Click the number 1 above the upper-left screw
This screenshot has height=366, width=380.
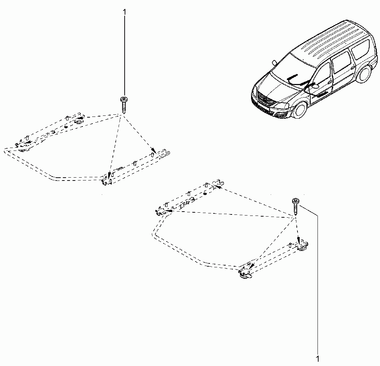pyautogui.click(x=125, y=12)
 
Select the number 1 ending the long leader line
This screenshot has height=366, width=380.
pyautogui.click(x=318, y=359)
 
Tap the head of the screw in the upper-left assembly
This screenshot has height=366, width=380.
pyautogui.click(x=124, y=99)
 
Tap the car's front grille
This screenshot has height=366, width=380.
pyautogui.click(x=265, y=99)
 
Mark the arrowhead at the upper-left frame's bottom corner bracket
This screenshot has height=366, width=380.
pyautogui.click(x=109, y=175)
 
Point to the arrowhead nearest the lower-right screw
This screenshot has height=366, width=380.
pyautogui.click(x=299, y=241)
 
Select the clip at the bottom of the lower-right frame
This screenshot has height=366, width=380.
pyautogui.click(x=245, y=274)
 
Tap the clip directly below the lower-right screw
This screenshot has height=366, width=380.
pyautogui.click(x=302, y=246)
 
